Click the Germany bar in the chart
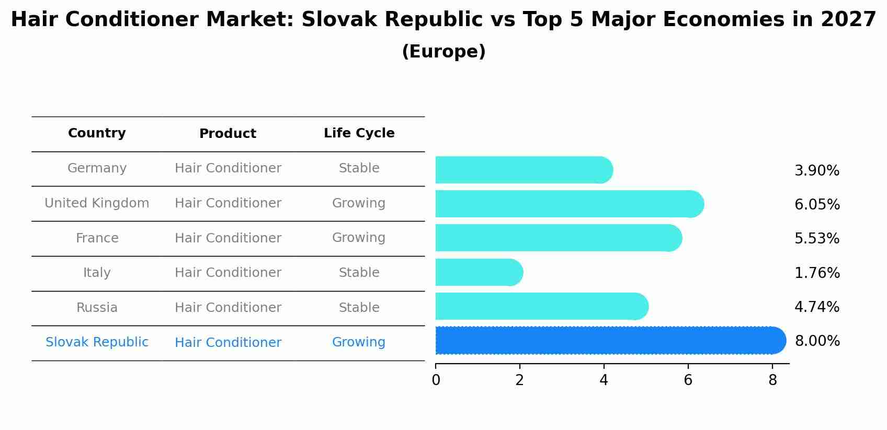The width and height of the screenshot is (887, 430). coord(523,170)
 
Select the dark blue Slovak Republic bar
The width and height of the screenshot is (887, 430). coord(609,341)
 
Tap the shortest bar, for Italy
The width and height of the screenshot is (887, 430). coord(479,272)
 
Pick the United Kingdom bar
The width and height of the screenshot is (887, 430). coord(569,204)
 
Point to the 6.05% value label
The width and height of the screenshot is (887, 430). coord(817,204)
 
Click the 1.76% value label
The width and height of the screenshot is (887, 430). coord(817,273)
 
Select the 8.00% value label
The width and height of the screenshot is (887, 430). coord(817,341)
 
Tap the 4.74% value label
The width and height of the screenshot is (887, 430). coord(817,307)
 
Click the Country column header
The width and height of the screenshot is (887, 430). coord(97,133)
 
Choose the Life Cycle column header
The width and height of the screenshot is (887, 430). coord(359,133)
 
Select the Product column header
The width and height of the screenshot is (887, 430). coord(228,134)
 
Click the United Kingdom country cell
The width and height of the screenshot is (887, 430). coord(97,203)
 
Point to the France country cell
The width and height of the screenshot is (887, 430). coord(97,238)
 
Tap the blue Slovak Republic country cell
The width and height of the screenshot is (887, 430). coord(97,342)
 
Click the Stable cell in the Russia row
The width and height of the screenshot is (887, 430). coord(359,308)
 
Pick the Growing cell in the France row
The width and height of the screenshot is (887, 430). coord(359,238)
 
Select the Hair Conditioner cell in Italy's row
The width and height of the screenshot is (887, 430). coord(228,273)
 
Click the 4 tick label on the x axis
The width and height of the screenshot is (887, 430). coord(604,380)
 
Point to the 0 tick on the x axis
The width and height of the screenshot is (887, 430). coord(436,380)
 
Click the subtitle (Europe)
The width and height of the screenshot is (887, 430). coord(443,52)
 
